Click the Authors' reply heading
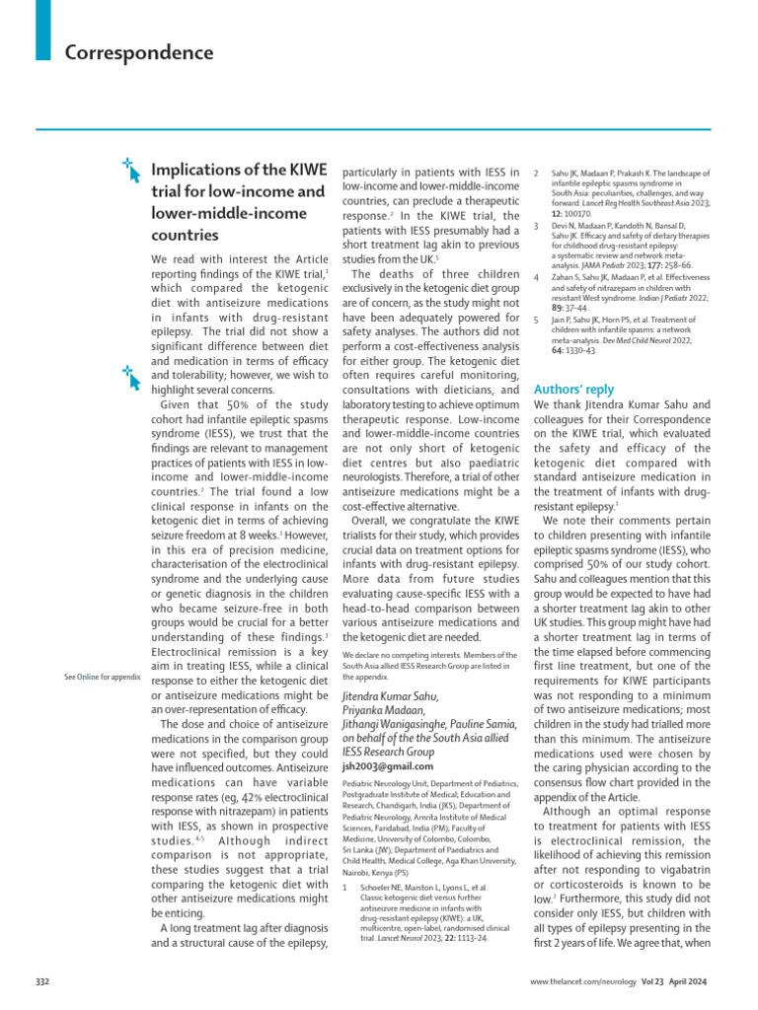(x=574, y=389)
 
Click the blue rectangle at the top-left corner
(x=41, y=29)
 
